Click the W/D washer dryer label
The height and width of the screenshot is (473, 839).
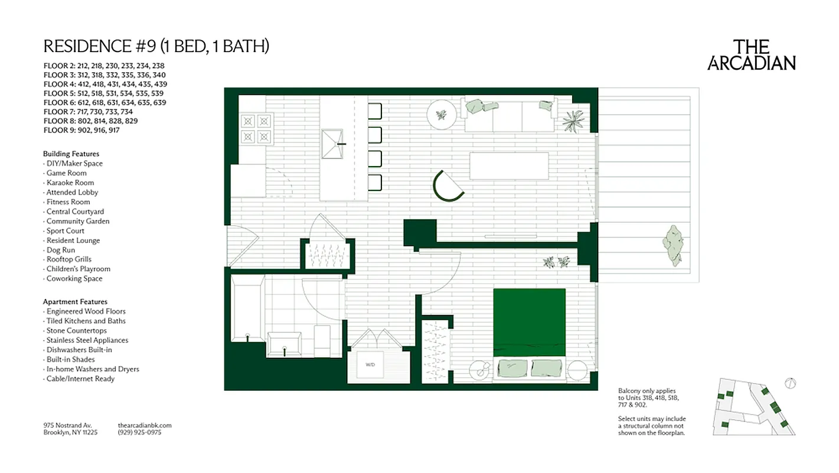[x=370, y=365]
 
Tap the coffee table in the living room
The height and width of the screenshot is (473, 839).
[x=508, y=166]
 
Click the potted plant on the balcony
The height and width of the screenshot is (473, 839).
[x=674, y=244]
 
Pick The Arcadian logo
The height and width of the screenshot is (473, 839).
[x=751, y=55]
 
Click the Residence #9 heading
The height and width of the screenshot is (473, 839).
[x=156, y=46]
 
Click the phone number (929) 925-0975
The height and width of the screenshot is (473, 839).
[x=139, y=432]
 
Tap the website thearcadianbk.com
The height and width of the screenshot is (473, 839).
[x=144, y=425]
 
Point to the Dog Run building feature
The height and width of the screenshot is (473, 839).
[x=60, y=250]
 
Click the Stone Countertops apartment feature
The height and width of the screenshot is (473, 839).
[x=76, y=331]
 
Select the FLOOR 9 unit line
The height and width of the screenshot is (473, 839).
[x=81, y=130]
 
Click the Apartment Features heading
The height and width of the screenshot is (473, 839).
[x=75, y=302]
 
